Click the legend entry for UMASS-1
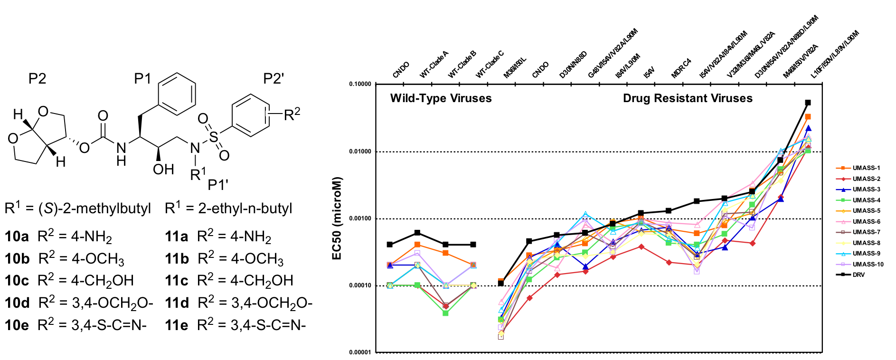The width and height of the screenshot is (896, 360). click(x=866, y=168)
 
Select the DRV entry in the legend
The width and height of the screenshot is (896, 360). click(x=858, y=275)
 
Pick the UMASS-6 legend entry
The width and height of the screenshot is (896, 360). click(x=866, y=222)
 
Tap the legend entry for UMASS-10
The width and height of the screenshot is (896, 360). click(x=868, y=265)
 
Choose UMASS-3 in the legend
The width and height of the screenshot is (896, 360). click(x=866, y=189)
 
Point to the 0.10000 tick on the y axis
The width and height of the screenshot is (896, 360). click(x=360, y=84)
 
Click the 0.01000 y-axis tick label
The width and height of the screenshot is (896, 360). click(x=360, y=152)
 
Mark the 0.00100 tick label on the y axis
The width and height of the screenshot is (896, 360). click(x=360, y=218)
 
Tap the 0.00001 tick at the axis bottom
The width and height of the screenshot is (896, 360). click(x=360, y=352)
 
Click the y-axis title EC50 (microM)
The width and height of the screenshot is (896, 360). click(x=337, y=218)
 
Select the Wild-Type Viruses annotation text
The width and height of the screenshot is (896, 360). click(x=441, y=98)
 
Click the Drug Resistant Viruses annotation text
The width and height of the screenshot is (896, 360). click(x=688, y=98)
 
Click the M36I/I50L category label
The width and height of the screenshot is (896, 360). click(x=515, y=68)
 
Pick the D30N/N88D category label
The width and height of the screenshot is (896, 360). click(x=573, y=65)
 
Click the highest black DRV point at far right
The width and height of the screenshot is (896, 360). click(x=808, y=103)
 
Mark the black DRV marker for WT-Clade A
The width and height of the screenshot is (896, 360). click(x=417, y=233)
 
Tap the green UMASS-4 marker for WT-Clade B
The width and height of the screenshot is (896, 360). click(x=445, y=313)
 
